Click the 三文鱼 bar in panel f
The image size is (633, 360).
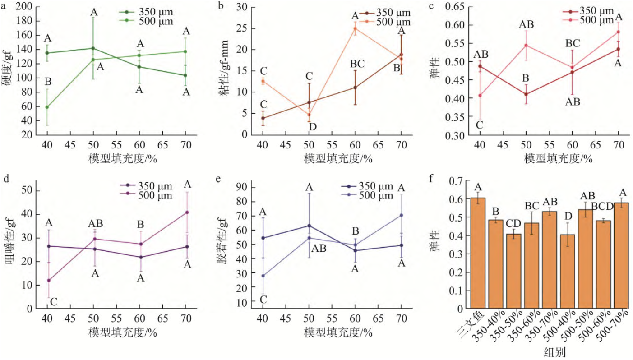(477, 253)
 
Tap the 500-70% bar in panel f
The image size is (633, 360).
(621, 255)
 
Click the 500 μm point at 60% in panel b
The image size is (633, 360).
(355, 28)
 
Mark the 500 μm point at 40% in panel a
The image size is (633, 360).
(47, 107)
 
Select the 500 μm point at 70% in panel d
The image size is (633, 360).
(187, 212)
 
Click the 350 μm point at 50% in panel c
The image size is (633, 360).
(526, 94)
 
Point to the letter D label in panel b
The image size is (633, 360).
(312, 127)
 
